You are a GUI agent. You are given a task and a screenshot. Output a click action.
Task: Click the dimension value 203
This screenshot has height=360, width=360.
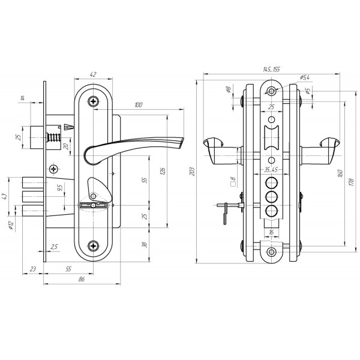[x=193, y=171]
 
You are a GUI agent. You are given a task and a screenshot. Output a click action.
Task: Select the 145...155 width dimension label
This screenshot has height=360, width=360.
[x=271, y=70]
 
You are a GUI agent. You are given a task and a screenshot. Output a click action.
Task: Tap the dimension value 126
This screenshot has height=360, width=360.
[x=163, y=171]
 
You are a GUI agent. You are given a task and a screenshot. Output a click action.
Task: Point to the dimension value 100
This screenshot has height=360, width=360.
[x=139, y=105]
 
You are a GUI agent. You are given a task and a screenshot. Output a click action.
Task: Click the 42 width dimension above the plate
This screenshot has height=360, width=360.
[x=93, y=74]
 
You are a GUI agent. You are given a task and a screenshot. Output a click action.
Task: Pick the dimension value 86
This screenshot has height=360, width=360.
[x=82, y=279]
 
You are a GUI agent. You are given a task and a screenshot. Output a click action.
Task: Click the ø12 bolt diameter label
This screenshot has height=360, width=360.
[x=11, y=226]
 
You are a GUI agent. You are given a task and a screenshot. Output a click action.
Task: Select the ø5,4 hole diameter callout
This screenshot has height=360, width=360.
[x=304, y=77]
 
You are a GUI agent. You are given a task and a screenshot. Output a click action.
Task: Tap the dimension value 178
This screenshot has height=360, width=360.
[x=352, y=182]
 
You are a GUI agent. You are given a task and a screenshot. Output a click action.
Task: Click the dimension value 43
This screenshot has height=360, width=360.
[x=5, y=196]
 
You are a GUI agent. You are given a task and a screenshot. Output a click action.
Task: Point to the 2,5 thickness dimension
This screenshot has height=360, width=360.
[x=54, y=247]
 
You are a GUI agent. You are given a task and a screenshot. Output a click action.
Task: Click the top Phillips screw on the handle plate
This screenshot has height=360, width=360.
[x=94, y=101]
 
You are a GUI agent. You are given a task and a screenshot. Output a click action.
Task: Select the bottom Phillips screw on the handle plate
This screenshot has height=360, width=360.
[x=94, y=246]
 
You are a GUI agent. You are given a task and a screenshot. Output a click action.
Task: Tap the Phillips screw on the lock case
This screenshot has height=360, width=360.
[x=54, y=169]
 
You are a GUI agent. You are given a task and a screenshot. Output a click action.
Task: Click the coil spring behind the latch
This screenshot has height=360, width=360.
[x=54, y=137]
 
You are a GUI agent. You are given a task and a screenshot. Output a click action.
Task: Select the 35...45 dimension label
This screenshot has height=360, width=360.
[x=271, y=170]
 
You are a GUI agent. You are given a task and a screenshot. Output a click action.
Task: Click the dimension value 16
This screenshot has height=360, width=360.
[x=271, y=232]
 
